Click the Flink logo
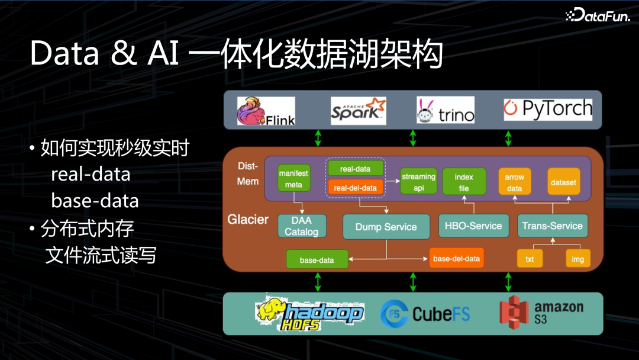tap(266, 111)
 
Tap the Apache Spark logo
tap(358, 111)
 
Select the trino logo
tap(446, 110)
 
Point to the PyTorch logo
tap(548, 109)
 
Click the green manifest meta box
tap(293, 179)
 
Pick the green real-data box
tap(355, 169)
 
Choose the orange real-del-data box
tap(355, 188)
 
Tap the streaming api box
tap(418, 182)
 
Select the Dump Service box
tap(386, 227)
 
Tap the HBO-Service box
tap(473, 226)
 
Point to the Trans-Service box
tap(553, 226)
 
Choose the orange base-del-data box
tap(456, 259)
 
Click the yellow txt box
tap(530, 259)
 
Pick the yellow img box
tap(577, 259)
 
